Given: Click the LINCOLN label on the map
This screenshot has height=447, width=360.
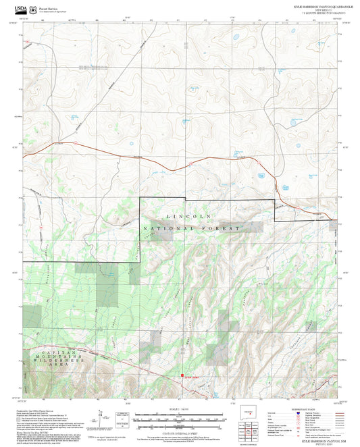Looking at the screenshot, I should click(x=188, y=215).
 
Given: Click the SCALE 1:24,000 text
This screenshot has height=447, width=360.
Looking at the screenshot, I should click(x=179, y=410).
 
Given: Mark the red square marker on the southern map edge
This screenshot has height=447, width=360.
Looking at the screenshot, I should click(x=181, y=377).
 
